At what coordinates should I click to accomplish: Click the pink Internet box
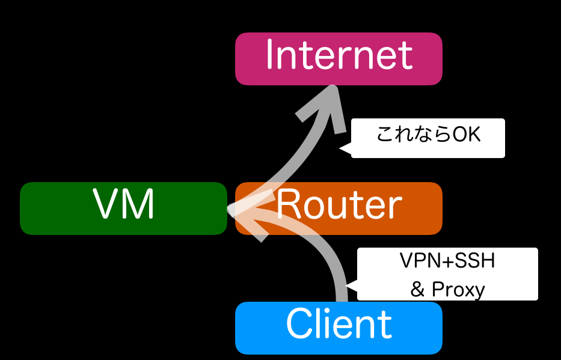(x=339, y=58)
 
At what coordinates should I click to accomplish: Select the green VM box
(x=123, y=208)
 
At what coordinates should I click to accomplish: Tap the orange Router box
(x=339, y=208)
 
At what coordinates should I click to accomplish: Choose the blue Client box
(x=339, y=328)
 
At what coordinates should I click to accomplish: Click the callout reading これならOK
(x=428, y=138)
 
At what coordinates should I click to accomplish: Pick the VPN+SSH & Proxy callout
(x=447, y=274)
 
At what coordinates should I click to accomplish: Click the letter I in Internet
(x=270, y=55)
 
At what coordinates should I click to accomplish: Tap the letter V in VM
(x=106, y=204)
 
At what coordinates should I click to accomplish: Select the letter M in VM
(x=139, y=204)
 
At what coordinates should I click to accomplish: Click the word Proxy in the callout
(x=458, y=290)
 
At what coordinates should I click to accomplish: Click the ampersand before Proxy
(x=417, y=290)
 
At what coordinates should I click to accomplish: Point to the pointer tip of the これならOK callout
(x=341, y=148)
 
